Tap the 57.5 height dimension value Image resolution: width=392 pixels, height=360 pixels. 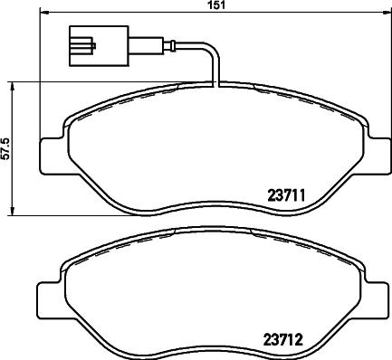[6, 148]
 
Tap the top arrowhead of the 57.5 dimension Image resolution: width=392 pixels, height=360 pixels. [13, 85]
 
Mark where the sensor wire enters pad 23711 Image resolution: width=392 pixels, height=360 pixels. [215, 88]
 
